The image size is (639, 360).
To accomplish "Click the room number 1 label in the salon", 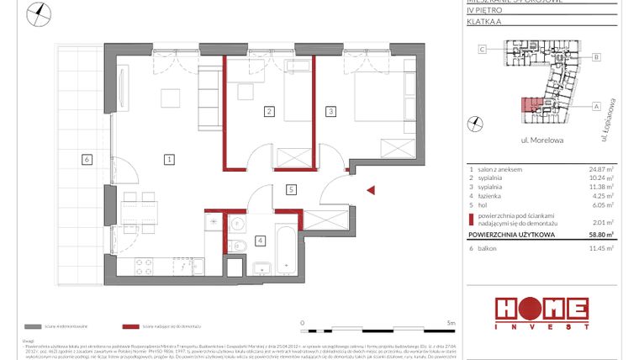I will (169, 158).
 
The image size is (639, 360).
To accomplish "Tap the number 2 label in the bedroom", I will (269, 111).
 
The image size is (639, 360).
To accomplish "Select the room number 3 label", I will (331, 111).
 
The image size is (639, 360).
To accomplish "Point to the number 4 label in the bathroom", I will (261, 241).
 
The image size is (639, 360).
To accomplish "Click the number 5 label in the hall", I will (290, 190).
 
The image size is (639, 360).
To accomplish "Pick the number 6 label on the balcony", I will (86, 158).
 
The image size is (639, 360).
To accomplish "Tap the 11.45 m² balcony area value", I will (601, 248).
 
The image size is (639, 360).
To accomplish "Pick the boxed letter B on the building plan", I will (595, 57).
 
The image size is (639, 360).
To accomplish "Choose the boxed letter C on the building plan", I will (482, 50).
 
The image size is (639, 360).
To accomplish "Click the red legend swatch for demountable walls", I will (130, 326).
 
